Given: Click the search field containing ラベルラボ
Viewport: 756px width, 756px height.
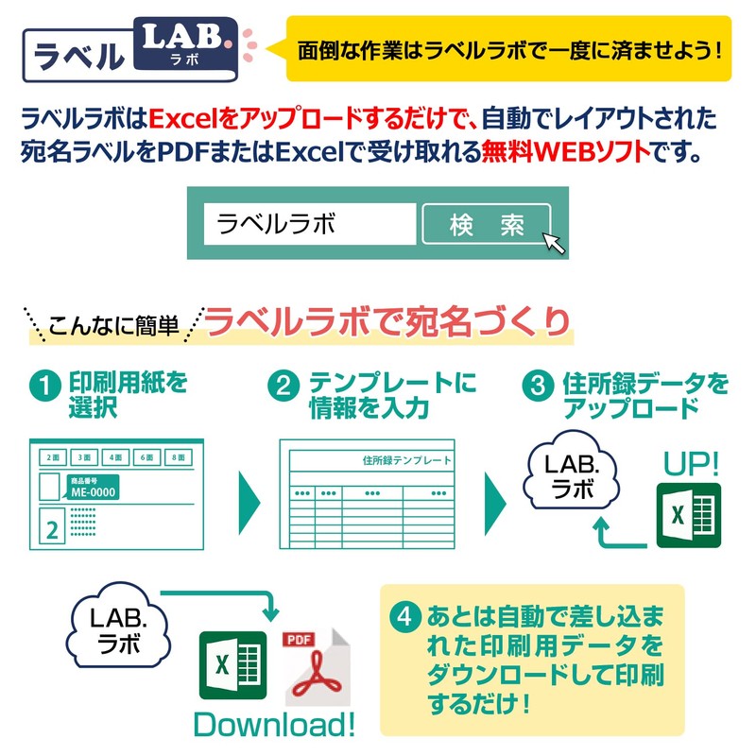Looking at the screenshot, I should (x=310, y=224).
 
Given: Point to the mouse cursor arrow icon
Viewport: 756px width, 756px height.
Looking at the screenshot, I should (x=555, y=243).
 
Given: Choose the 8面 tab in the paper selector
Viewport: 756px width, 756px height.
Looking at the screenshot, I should (x=177, y=457).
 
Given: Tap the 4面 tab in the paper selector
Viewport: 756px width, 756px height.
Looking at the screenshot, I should (x=114, y=457).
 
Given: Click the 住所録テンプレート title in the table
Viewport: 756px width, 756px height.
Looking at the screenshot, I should (x=406, y=461).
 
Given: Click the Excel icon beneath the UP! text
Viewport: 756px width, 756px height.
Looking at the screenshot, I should (x=688, y=515).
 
